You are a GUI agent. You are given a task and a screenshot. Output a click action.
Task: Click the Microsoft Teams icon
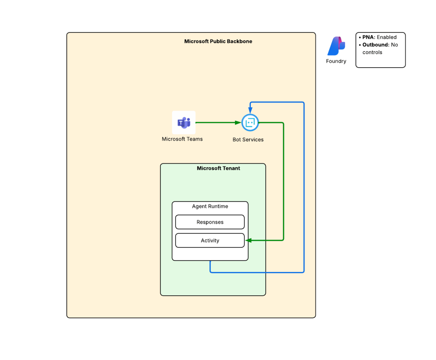[184, 122]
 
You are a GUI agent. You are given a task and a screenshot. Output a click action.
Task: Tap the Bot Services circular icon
[250, 123]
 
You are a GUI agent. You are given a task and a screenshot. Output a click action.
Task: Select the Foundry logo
[336, 46]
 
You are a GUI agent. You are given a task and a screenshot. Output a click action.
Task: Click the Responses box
[210, 222]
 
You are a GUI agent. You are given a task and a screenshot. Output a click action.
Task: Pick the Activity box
[210, 240]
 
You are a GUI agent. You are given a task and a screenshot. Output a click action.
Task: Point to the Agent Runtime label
[210, 206]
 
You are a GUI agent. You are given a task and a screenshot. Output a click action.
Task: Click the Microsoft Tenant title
[218, 168]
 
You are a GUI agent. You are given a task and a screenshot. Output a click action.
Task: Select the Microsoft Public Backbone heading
[218, 41]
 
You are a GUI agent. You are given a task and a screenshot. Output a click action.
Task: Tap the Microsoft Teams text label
[182, 139]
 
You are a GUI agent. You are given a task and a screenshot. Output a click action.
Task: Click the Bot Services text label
[248, 140]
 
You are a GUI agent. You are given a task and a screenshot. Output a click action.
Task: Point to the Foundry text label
[336, 61]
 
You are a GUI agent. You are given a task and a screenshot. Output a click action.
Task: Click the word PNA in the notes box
[368, 37]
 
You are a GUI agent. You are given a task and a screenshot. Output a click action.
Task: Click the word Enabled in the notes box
[387, 37]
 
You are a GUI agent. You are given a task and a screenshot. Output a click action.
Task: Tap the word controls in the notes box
[372, 52]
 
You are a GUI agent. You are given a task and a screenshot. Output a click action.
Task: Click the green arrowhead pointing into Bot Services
[238, 123]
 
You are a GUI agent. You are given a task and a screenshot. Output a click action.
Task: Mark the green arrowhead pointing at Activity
[248, 240]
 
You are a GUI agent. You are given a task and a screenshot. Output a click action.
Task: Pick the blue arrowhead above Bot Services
[250, 110]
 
